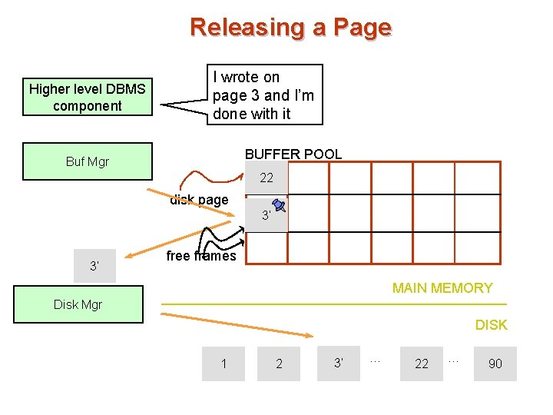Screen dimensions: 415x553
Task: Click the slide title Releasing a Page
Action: pos(290,27)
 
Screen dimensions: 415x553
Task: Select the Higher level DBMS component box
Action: pos(87,98)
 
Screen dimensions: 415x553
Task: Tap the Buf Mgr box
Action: pos(87,161)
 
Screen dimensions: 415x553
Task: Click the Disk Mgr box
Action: pos(78,304)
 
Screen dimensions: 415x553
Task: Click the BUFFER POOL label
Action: pos(293,154)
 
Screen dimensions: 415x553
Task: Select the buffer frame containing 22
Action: pos(267,178)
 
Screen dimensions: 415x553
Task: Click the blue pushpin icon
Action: pos(279,205)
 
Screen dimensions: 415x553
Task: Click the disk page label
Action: pos(199,200)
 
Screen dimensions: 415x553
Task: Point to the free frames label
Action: pos(201,256)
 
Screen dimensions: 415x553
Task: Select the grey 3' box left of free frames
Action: pos(94,266)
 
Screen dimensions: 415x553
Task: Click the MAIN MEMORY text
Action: pos(442,288)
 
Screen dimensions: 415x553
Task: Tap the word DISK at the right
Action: pos(491,325)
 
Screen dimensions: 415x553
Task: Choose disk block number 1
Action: pos(224,364)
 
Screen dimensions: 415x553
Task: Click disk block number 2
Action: pos(279,364)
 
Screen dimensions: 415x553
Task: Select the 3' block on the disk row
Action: pos(337,363)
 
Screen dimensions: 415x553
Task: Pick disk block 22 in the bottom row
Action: pos(422,364)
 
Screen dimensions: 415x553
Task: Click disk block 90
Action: pos(495,364)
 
